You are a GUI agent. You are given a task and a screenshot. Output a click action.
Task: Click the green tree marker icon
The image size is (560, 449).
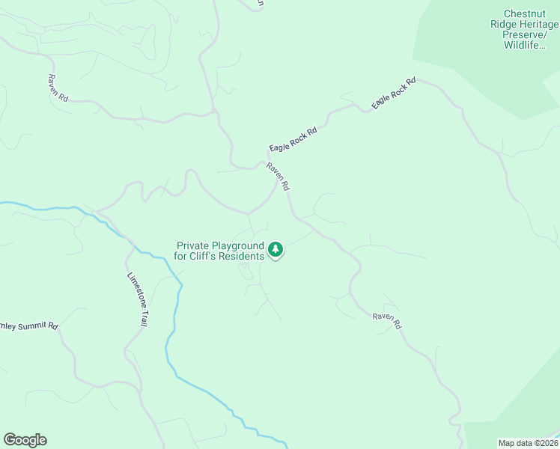click(276, 248)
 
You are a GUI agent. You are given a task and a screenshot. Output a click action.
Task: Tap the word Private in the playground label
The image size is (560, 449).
click(194, 245)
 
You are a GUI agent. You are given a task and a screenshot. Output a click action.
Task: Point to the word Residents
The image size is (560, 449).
click(240, 256)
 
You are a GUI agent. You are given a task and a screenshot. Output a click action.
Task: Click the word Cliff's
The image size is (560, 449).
click(201, 256)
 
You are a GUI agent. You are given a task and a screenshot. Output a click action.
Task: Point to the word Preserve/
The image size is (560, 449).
click(530, 34)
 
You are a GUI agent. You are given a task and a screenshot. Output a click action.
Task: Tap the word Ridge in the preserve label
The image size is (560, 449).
click(503, 24)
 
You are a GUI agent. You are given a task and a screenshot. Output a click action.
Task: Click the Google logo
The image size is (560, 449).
click(25, 440)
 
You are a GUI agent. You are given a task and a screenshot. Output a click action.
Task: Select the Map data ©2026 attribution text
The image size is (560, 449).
click(529, 443)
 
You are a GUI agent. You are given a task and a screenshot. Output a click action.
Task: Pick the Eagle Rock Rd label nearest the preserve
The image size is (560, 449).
click(393, 94)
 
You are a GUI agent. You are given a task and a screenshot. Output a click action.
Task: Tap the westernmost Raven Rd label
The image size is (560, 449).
click(58, 88)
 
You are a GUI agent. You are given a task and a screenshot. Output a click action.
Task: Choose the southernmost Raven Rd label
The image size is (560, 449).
click(387, 321)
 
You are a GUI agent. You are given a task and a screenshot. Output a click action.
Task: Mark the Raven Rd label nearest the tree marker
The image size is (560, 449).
click(278, 177)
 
